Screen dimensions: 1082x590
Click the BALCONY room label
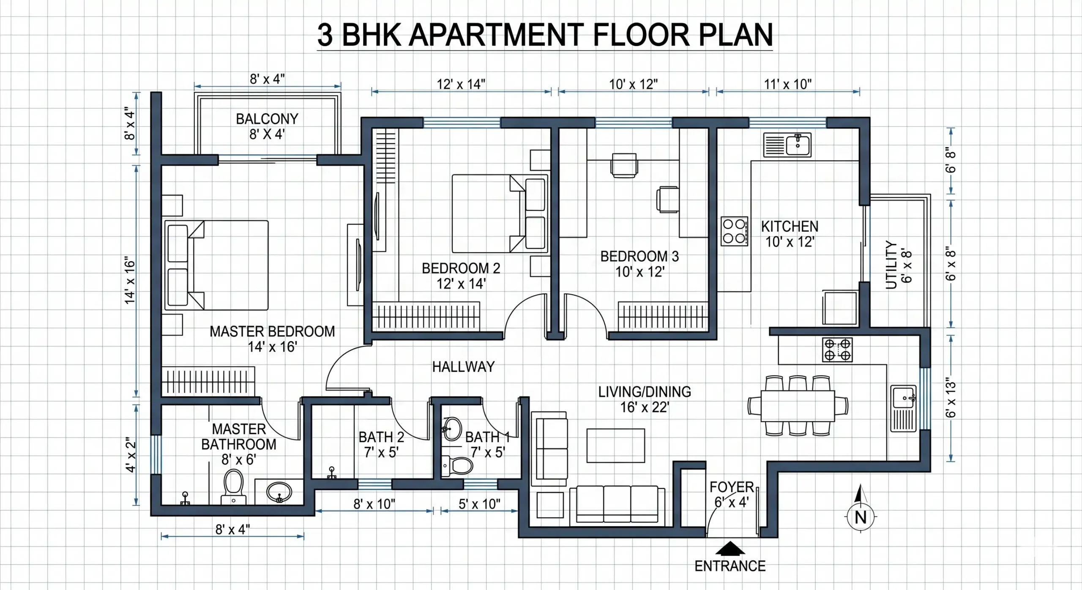point(267,119)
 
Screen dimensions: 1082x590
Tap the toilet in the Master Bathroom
point(234,487)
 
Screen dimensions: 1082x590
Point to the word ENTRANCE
point(730,566)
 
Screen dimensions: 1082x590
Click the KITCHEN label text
point(790,227)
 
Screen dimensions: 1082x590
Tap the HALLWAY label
point(463,366)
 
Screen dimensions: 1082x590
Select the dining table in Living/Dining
point(798,406)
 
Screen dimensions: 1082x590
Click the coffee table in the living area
point(616,445)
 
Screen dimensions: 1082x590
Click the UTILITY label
point(891,265)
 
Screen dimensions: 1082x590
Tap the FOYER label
point(732,487)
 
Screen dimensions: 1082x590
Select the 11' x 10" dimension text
point(788,84)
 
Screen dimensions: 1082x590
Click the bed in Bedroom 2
point(500,213)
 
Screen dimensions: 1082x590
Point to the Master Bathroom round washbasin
point(279,492)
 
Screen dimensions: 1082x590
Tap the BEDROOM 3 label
point(639,256)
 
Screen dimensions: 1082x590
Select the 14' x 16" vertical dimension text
point(130,280)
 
